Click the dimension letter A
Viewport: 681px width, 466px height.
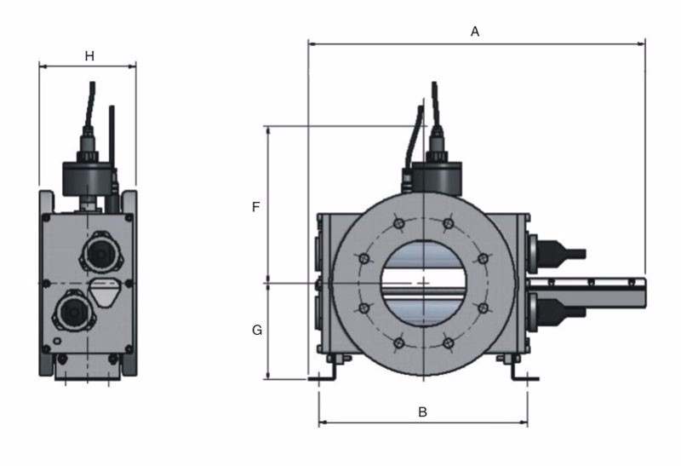tap(475, 32)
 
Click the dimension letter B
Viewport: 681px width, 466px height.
tap(422, 411)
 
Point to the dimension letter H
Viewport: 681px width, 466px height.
tap(89, 56)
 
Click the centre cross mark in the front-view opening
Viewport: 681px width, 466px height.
tap(423, 281)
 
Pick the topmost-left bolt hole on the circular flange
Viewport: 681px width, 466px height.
tap(398, 223)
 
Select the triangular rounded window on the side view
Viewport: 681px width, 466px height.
tap(105, 291)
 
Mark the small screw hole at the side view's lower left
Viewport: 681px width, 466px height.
tap(57, 342)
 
